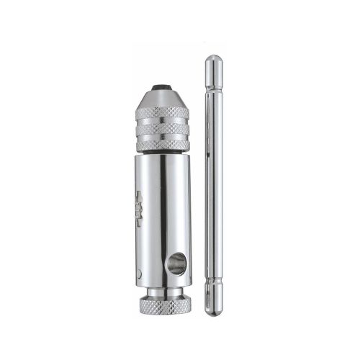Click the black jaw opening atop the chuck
pos(163,89)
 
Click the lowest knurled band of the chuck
pos(162,145)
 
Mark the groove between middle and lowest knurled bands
pos(162,137)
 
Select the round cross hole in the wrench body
pos(175,264)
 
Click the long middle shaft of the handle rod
pos(214,187)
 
